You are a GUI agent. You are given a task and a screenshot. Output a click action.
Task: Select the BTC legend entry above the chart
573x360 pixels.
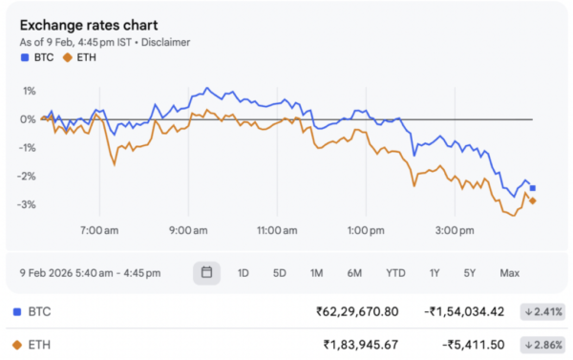click(38, 57)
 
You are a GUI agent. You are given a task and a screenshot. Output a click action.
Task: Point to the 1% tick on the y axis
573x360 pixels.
click(29, 92)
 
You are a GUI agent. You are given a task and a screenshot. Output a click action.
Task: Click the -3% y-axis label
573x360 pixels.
click(27, 205)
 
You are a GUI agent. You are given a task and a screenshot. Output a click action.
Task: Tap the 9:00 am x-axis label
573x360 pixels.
click(187, 230)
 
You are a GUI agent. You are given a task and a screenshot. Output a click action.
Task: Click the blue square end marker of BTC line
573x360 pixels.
click(533, 188)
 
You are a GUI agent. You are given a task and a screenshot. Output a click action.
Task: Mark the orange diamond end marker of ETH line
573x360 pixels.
click(533, 201)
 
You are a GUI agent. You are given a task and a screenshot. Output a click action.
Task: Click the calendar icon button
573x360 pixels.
click(205, 272)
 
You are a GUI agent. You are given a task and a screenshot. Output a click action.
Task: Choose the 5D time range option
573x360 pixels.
click(279, 273)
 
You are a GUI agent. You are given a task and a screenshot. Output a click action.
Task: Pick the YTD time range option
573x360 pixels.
click(395, 273)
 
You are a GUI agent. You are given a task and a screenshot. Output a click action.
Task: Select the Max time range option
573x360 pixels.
click(509, 273)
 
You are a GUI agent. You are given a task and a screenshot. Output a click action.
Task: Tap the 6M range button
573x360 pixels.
click(354, 273)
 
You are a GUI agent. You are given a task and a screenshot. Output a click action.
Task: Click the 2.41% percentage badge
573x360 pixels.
click(542, 312)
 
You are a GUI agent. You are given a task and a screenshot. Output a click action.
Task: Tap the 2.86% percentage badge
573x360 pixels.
click(542, 344)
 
